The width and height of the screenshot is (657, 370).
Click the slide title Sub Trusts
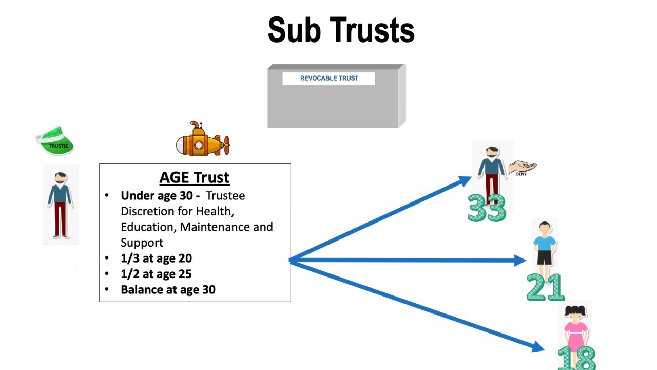click(x=341, y=30)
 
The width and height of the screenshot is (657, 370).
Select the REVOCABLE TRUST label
click(x=329, y=78)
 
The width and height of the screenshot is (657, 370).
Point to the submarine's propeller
click(x=225, y=145)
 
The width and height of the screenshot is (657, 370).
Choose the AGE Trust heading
click(x=195, y=177)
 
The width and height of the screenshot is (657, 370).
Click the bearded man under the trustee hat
click(x=61, y=205)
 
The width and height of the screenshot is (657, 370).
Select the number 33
click(x=487, y=208)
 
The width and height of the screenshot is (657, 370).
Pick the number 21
click(x=545, y=287)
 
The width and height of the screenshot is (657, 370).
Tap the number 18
click(x=576, y=358)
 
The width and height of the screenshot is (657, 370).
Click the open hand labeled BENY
click(x=522, y=168)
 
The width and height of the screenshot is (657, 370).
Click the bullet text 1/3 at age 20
click(x=156, y=258)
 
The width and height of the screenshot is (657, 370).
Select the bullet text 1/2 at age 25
click(x=156, y=274)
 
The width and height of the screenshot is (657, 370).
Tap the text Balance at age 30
click(x=168, y=290)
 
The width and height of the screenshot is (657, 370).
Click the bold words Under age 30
click(x=160, y=196)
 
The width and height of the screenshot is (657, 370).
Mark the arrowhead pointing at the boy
click(x=519, y=261)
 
